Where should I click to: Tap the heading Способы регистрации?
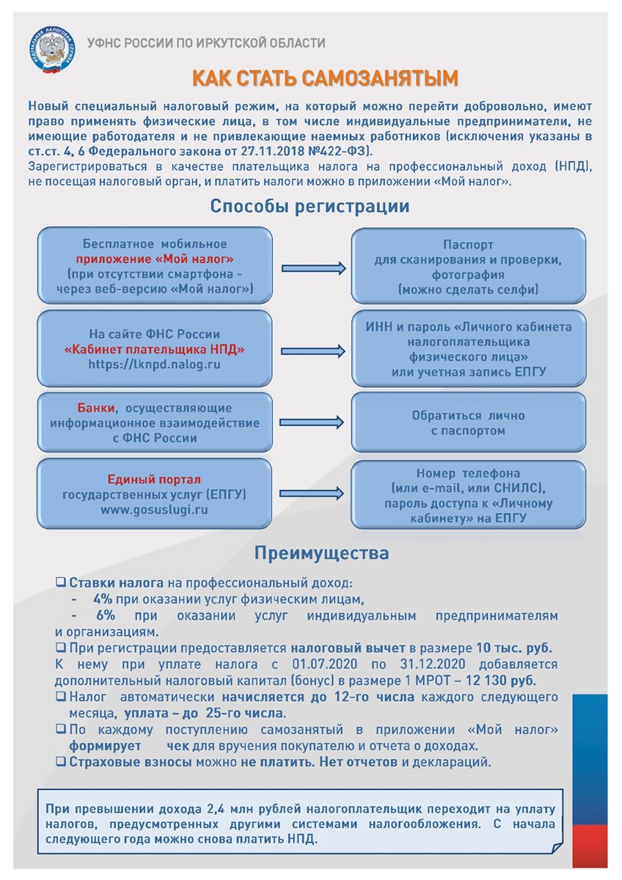coord(310,206)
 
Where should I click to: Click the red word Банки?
coord(96,408)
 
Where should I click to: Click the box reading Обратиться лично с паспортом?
coord(457,422)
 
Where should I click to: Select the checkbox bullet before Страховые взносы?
coord(61,762)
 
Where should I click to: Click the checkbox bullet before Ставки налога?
coord(61,583)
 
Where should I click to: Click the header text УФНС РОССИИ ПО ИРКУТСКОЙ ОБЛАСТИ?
coord(206,43)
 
